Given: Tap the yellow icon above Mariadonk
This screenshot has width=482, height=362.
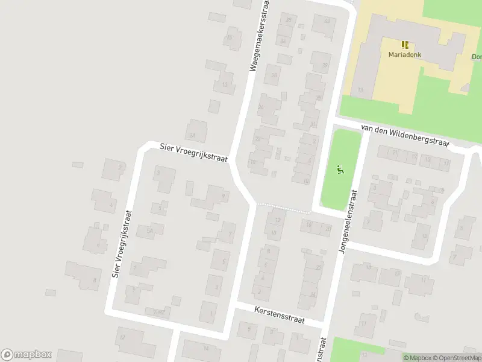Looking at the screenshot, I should [404, 44].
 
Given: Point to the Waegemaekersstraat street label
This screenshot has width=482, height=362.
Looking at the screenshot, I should [258, 37].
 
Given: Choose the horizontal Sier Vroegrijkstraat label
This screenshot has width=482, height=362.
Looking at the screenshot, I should [193, 153].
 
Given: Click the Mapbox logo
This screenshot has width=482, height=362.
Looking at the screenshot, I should [27, 355].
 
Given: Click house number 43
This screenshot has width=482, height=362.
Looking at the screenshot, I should [327, 21].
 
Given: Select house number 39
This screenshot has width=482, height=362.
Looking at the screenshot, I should [325, 65].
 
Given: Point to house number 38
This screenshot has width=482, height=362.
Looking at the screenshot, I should [288, 20].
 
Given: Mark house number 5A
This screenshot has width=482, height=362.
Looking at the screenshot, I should [151, 230].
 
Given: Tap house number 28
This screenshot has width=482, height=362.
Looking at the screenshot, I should [275, 75].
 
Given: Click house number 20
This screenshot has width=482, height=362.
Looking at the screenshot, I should [328, 229].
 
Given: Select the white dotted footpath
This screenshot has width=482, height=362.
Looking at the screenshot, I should [283, 209].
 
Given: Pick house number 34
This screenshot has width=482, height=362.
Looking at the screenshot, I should [283, 41].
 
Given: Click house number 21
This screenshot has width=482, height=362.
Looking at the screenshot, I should [395, 153].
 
